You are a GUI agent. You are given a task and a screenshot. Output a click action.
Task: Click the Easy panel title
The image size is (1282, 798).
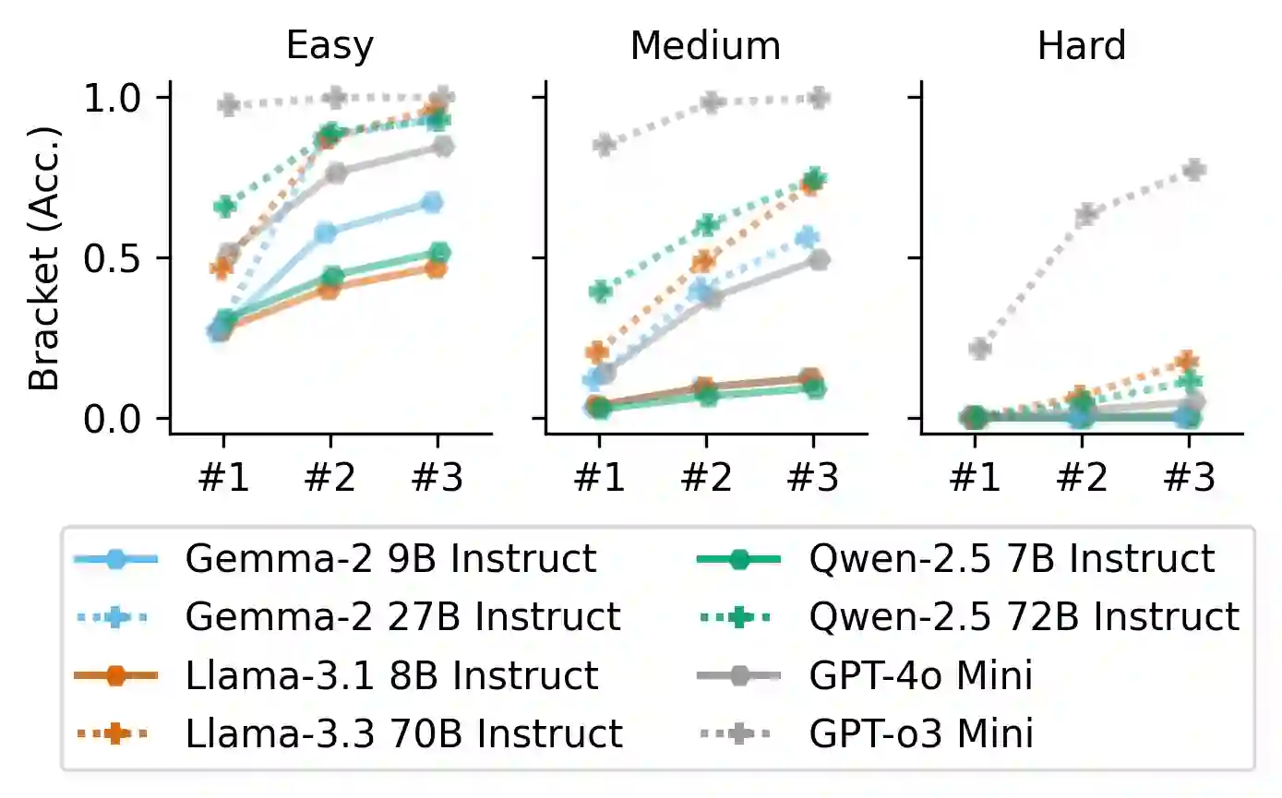click(x=329, y=45)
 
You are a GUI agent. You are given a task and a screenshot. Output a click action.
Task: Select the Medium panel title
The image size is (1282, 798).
click(x=705, y=45)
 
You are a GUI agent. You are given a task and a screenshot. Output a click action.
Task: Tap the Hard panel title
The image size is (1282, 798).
click(x=1081, y=45)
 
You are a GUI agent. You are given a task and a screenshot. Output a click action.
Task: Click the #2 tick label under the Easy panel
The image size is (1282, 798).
click(x=330, y=478)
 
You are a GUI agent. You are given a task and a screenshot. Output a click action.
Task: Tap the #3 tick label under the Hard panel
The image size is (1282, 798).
click(x=1189, y=478)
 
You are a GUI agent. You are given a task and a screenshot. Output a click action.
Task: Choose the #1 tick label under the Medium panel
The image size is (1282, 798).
click(x=598, y=478)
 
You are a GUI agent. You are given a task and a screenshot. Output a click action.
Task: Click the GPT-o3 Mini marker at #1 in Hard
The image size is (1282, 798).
click(x=979, y=349)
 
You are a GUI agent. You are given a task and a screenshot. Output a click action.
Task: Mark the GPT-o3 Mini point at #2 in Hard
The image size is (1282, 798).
click(x=1085, y=215)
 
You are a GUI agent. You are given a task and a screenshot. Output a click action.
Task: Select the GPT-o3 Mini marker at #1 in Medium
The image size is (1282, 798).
click(x=604, y=145)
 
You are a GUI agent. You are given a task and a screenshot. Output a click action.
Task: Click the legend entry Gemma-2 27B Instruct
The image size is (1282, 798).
click(x=402, y=616)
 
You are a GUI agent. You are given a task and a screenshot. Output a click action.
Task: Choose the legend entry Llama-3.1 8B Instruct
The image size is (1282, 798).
click(x=391, y=676)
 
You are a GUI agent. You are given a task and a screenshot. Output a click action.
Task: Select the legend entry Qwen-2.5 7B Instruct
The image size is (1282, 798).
click(x=1012, y=558)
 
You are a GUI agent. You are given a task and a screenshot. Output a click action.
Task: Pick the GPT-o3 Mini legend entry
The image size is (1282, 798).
click(x=921, y=734)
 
